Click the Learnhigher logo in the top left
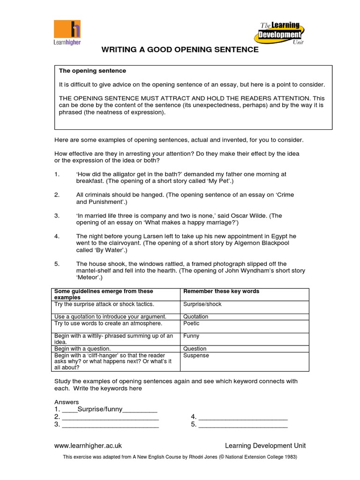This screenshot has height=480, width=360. [x=67, y=32]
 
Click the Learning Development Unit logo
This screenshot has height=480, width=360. [x=281, y=33]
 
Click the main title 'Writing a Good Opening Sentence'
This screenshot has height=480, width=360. [x=180, y=50]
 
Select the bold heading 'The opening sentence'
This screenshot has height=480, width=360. [x=92, y=71]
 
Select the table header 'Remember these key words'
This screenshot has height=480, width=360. [x=221, y=291]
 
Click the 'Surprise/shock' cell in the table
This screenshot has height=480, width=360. [x=202, y=304]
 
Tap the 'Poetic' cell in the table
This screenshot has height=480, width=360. [x=191, y=323]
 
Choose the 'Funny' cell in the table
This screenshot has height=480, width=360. [x=191, y=336]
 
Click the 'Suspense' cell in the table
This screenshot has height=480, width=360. [x=196, y=356]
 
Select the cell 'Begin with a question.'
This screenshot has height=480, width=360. [x=82, y=349]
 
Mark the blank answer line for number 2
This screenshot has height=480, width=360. [x=110, y=417]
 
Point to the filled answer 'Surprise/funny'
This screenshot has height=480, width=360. [x=99, y=409]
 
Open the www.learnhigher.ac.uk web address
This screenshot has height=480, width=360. [x=88, y=446]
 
